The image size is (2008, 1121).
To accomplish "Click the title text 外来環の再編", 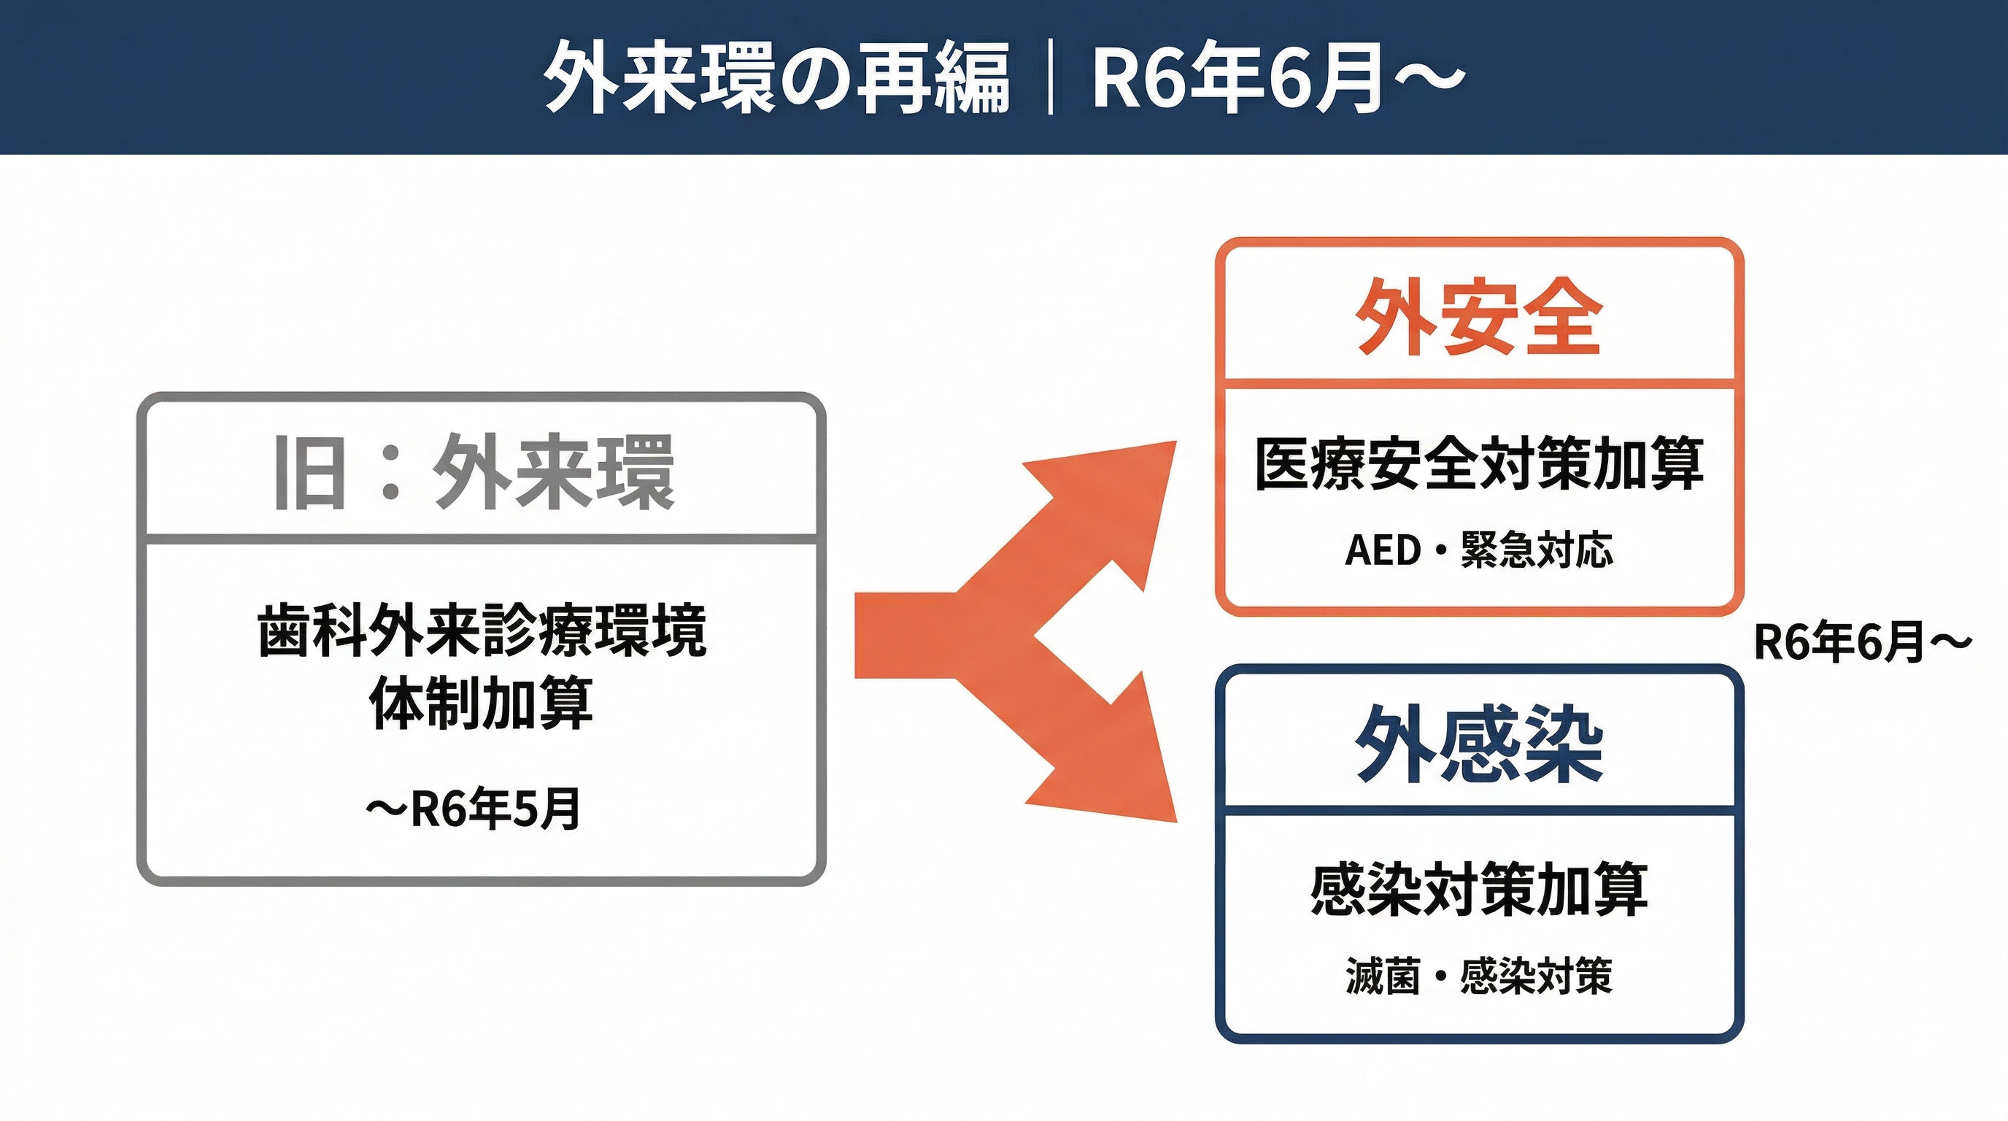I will [x=776, y=78].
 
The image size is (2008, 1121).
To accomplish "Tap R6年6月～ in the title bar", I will [x=1277, y=78].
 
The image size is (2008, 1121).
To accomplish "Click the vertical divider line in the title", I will [x=1051, y=78].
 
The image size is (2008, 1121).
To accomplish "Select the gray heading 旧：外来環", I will [x=474, y=472].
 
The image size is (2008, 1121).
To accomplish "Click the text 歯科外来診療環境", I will [x=482, y=631].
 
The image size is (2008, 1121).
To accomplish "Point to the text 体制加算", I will [x=482, y=703].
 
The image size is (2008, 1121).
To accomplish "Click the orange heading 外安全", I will [x=1479, y=317].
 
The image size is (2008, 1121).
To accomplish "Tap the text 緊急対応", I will [x=1537, y=550].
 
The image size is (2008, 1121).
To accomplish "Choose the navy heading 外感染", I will [x=1479, y=744].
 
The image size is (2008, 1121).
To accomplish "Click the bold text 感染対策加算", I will [x=1479, y=890].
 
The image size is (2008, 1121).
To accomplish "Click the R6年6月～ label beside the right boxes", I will [x=1862, y=642].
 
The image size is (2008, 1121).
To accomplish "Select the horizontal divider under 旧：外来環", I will [x=481, y=539].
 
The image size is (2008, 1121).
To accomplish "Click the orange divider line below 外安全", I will [x=1479, y=385].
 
